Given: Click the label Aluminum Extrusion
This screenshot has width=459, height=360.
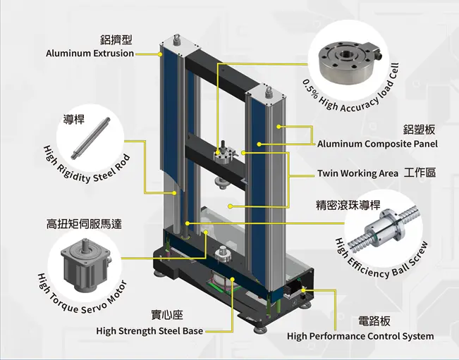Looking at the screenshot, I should tap(90, 53).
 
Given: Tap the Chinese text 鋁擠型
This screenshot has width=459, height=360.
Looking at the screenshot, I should tap(116, 39).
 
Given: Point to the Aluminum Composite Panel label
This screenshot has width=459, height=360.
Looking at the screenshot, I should tap(377, 144).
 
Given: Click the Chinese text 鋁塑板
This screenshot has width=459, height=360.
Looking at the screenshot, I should tap(419, 130).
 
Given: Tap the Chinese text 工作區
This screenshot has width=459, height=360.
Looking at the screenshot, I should tap(420, 173).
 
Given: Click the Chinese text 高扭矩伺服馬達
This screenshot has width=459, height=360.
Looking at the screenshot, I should tap(84, 224).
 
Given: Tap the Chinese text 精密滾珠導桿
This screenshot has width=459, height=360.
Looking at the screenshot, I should tap(348, 206).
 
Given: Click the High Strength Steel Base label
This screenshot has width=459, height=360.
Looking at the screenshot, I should tap(149, 331).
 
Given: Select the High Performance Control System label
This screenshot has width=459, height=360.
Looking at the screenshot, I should tap(360, 336).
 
